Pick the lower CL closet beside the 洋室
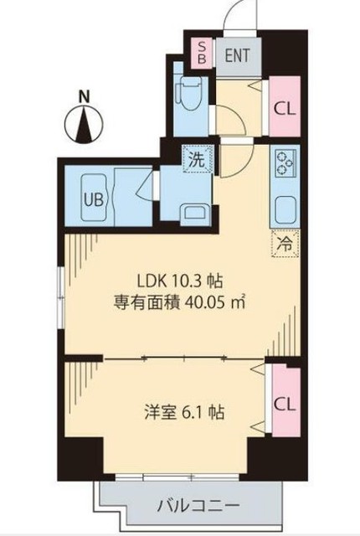point(284,403)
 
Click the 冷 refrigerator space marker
point(285,245)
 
